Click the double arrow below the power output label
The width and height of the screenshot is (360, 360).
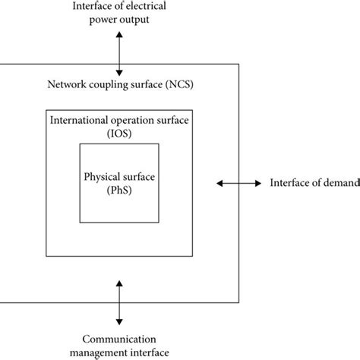coord(118,52)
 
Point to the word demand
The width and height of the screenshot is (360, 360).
coord(331,183)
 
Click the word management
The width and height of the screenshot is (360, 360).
coord(97,350)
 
